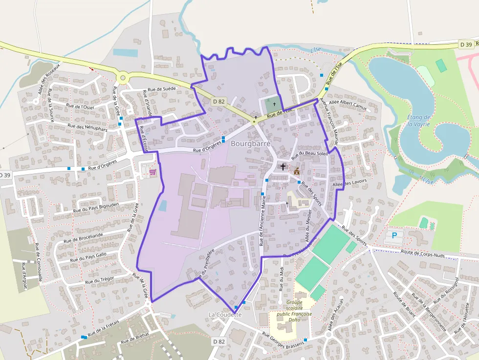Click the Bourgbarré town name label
click(250, 144)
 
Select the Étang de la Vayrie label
click(419, 121)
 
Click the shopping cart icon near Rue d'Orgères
click(152, 172)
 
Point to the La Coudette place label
click(225, 315)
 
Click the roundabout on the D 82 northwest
click(122, 77)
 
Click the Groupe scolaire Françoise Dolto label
click(294, 311)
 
